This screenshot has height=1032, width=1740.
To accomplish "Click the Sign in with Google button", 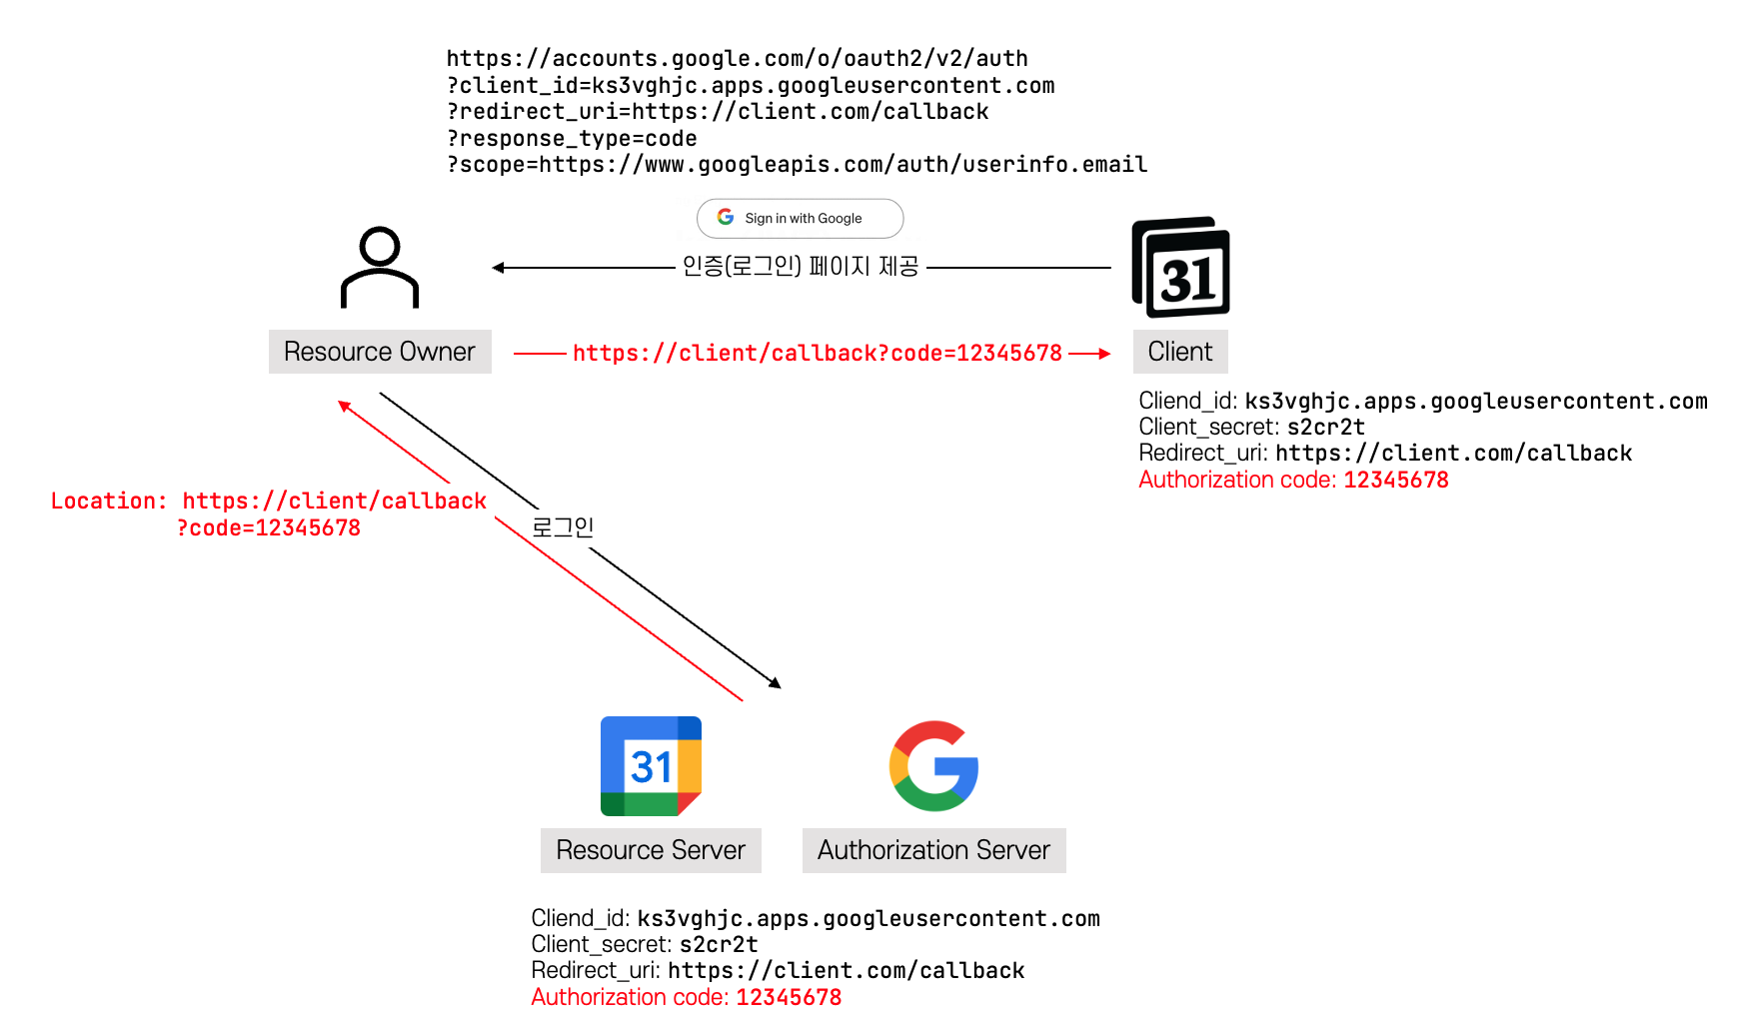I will pos(800,218).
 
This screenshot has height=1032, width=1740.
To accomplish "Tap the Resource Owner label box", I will pos(380,352).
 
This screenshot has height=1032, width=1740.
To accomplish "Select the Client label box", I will pos(1179,352).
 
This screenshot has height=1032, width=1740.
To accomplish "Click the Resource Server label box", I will pos(651,850).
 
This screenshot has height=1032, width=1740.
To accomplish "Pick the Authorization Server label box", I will pos(933,850).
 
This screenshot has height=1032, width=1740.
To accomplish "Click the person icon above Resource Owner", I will pos(380,268).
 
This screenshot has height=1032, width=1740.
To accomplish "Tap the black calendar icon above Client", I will pos(1180,268).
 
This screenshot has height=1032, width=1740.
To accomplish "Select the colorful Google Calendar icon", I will pos(651,766).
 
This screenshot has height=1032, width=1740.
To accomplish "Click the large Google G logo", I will pos(934,766).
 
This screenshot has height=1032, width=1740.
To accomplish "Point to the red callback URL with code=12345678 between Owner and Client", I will pos(817,354).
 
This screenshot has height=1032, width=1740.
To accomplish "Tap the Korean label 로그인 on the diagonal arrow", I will pos(563,526).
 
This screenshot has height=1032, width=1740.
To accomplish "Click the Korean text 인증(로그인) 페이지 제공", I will pos(800,267).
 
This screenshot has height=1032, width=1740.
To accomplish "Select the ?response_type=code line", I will pos(572,139).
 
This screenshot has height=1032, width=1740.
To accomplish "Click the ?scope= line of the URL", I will pos(797,165).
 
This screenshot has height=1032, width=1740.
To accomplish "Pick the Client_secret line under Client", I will pos(1251,428).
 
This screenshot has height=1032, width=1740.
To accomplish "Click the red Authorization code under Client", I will pos(1293,481).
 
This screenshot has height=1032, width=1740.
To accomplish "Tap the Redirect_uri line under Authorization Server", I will pos(778,971).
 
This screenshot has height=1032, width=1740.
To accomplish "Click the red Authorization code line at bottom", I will pos(686,998).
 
